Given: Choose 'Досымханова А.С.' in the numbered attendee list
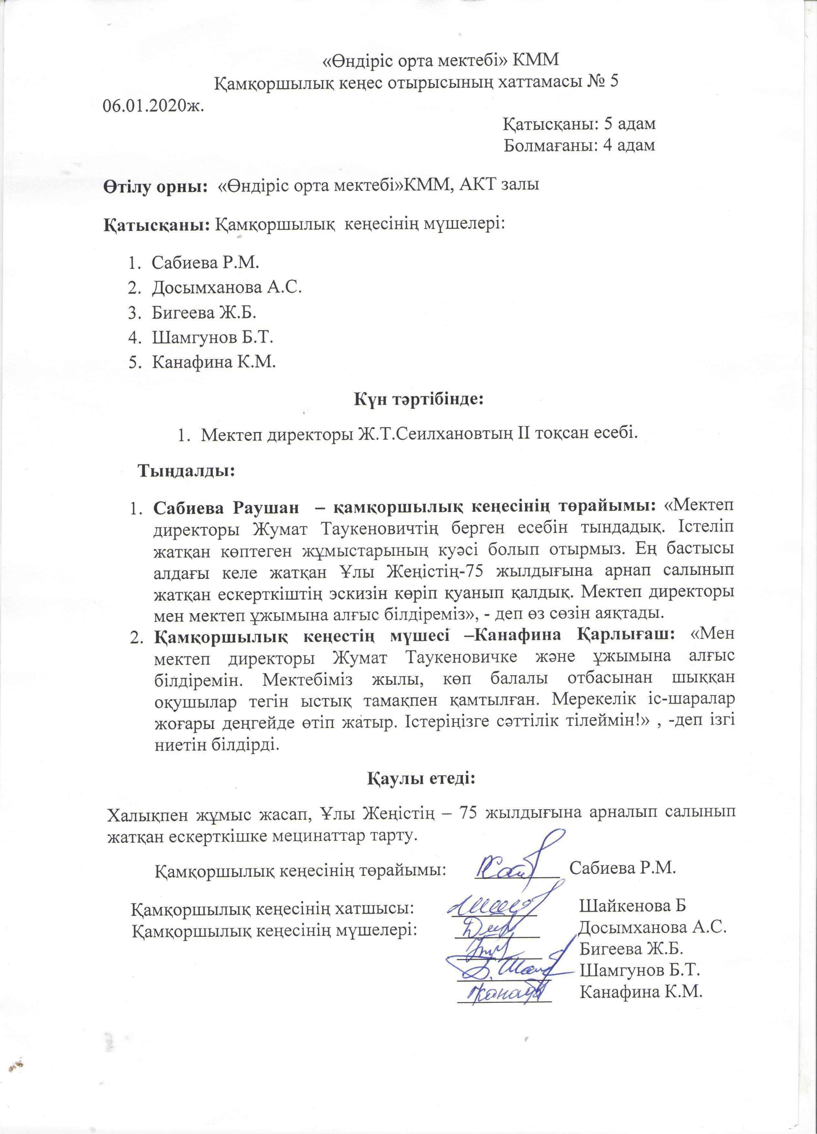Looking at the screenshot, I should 227,287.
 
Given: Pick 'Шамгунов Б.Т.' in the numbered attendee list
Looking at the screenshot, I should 212,338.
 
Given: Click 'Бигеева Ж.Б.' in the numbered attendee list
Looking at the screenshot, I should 204,312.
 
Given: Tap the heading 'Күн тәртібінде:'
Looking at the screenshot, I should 419,399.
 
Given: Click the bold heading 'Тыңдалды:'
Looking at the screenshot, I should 186,471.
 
